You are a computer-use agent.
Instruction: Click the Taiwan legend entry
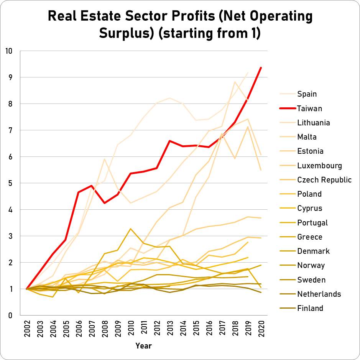309,108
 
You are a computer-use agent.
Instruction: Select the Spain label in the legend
307,94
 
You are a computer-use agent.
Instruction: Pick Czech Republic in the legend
324,180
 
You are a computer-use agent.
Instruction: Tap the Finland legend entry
310,308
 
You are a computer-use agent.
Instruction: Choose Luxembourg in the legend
319,166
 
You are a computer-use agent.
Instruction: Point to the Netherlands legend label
319,294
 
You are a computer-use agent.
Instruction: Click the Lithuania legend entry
313,123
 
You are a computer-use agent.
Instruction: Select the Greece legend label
310,237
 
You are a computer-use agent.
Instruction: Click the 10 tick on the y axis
8,51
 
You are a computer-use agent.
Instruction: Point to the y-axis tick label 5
10,183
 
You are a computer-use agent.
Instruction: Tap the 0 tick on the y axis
10,316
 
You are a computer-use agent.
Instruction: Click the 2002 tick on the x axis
27,328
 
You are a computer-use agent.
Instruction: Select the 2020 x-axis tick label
261,328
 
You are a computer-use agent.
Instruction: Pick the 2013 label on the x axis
170,328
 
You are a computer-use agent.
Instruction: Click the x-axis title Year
143,346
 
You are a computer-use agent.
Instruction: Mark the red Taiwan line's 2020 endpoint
261,67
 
